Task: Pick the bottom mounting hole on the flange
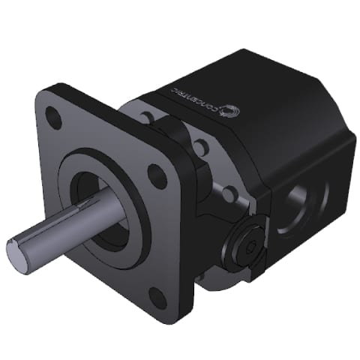157,297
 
